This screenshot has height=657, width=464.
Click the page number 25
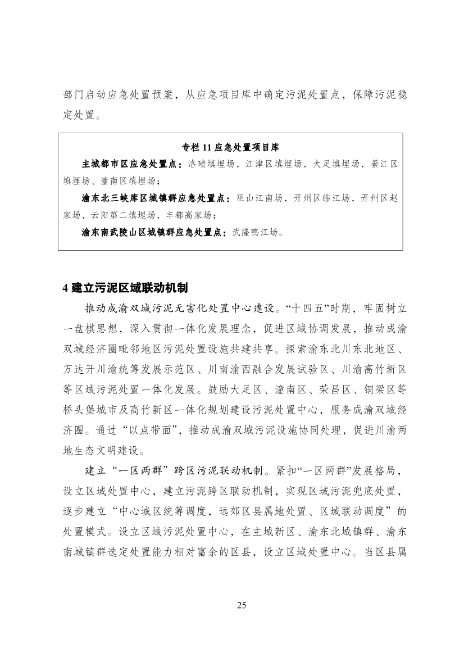[x=242, y=605]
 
